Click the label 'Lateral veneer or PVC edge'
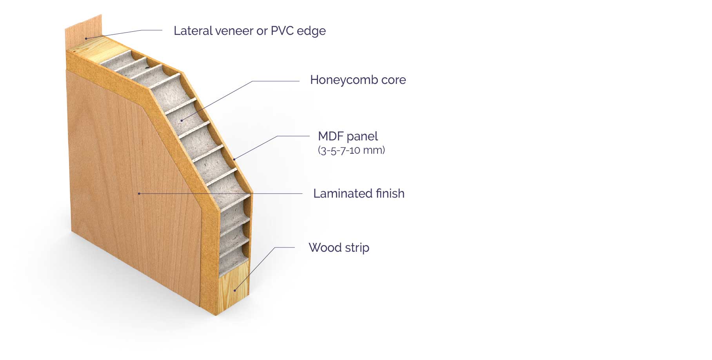249,31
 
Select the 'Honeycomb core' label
358,80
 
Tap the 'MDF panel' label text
347,136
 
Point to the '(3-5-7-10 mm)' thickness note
351,150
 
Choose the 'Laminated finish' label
358,194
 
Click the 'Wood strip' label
339,248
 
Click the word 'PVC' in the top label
280,31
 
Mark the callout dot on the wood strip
235,290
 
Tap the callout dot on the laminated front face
139,193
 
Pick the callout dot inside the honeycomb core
182,120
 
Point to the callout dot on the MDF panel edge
234,159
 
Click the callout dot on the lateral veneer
86,38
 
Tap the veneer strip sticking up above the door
83,27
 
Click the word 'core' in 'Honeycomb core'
393,80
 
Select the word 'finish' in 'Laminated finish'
390,194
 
